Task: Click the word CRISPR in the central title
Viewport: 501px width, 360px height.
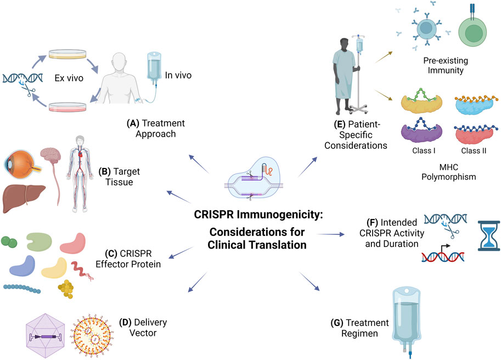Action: [x=230, y=215]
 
